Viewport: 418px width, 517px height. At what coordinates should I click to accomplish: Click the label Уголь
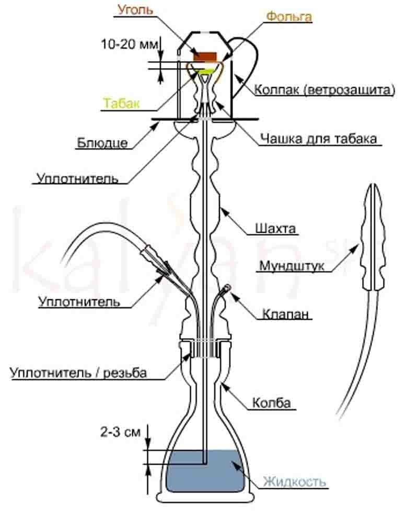pyautogui.click(x=135, y=10)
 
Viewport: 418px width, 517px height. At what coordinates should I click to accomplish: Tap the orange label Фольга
pyautogui.click(x=289, y=17)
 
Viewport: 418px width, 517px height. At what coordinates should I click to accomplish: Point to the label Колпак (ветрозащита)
pyautogui.click(x=324, y=90)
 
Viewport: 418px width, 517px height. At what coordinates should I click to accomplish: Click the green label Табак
pyautogui.click(x=121, y=103)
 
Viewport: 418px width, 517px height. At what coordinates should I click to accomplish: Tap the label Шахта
pyautogui.click(x=275, y=228)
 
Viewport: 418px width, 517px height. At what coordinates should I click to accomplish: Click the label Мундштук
pyautogui.click(x=292, y=266)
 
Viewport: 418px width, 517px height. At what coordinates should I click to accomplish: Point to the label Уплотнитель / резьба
pyautogui.click(x=78, y=373)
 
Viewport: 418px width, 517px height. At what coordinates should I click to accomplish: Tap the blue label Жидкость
pyautogui.click(x=295, y=481)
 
